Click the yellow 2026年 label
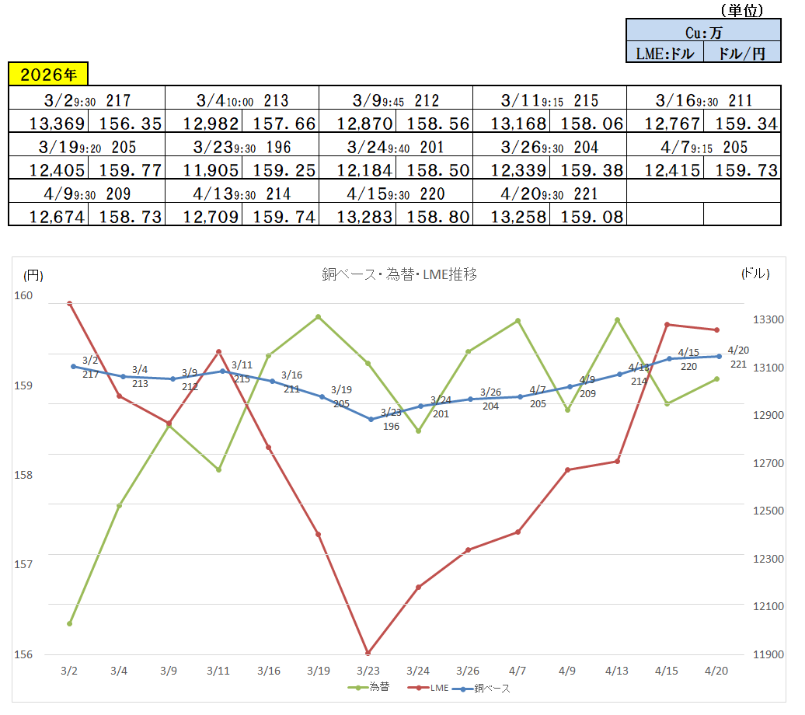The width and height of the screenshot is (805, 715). (x=48, y=75)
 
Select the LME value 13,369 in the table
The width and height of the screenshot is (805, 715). (x=48, y=123)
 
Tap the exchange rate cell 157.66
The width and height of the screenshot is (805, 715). (x=280, y=123)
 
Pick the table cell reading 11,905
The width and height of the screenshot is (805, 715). (x=203, y=170)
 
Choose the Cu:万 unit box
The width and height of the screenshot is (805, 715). (x=703, y=33)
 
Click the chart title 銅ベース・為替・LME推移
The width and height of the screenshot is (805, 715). (x=399, y=274)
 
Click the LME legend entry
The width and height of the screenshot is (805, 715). (x=433, y=687)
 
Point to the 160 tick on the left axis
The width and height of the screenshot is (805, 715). (x=24, y=295)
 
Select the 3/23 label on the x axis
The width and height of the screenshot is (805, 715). (x=368, y=670)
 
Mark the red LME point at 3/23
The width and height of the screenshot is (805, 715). (x=368, y=653)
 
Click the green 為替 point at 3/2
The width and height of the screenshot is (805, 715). (x=69, y=623)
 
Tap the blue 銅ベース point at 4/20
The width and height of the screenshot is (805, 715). (x=717, y=356)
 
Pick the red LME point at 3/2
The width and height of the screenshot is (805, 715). (x=69, y=303)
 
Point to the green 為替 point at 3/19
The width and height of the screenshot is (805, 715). (x=318, y=316)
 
